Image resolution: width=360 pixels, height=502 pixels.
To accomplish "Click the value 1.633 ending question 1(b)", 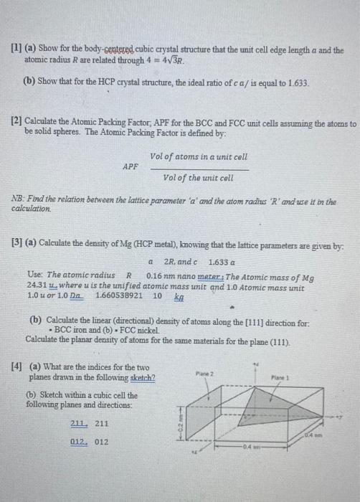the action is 298,84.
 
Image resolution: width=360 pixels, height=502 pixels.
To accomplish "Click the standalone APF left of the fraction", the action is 131,166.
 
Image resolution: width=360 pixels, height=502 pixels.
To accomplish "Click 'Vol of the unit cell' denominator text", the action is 199,178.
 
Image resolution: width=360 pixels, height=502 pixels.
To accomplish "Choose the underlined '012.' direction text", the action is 79,442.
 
